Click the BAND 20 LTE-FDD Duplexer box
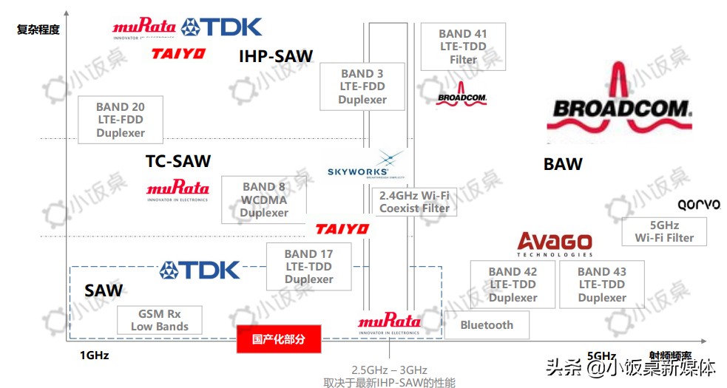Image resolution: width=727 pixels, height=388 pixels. click(x=120, y=120)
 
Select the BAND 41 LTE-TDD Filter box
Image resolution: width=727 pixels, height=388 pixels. click(x=463, y=47)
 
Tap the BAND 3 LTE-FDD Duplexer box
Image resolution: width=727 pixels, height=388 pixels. click(x=362, y=86)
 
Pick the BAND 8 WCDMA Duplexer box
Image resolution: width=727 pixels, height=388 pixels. click(x=264, y=200)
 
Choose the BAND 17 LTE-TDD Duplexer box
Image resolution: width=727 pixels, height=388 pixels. click(x=308, y=267)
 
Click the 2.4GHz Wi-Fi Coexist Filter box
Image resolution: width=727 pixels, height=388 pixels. click(x=414, y=202)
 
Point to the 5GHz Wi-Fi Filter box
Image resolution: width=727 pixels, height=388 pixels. click(x=664, y=231)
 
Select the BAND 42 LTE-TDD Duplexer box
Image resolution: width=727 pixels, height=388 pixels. click(x=513, y=285)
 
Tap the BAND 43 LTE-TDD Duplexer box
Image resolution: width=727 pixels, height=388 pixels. click(x=602, y=285)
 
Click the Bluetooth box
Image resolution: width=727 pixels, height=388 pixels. click(x=487, y=325)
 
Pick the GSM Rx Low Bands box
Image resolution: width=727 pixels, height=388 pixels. click(x=160, y=320)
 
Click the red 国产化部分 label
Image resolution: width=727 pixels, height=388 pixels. click(x=278, y=340)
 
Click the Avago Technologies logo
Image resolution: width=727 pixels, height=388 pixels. click(x=555, y=245)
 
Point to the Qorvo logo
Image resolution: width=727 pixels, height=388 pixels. click(x=698, y=205)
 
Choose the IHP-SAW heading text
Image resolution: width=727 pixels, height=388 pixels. click(x=276, y=56)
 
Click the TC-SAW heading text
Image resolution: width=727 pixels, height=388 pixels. click(x=178, y=161)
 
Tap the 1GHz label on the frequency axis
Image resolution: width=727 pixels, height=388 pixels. click(x=94, y=355)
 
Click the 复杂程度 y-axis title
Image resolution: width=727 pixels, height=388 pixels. click(x=38, y=30)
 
